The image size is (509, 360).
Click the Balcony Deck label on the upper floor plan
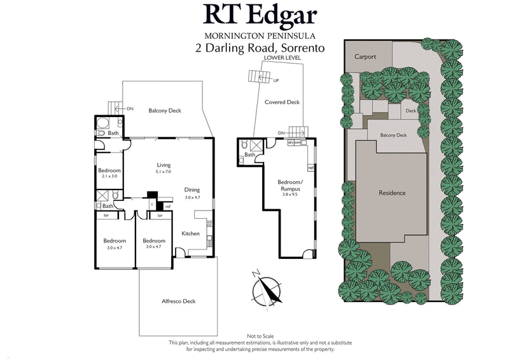pyautogui.click(x=165, y=111)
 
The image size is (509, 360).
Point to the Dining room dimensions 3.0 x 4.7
pyautogui.click(x=192, y=198)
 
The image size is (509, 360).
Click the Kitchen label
pyautogui.click(x=190, y=233)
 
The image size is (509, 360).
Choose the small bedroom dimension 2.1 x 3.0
pyautogui.click(x=109, y=176)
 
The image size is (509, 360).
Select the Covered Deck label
pyautogui.click(x=282, y=102)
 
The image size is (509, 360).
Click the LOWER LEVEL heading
pyautogui.click(x=282, y=58)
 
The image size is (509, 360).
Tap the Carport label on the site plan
pyautogui.click(x=365, y=57)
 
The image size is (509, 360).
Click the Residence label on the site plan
pyautogui.click(x=392, y=193)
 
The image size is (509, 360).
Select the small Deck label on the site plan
pyautogui.click(x=410, y=111)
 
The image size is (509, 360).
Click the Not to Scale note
pyautogui.click(x=260, y=336)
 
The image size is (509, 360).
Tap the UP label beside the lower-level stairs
pyautogui.click(x=275, y=81)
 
